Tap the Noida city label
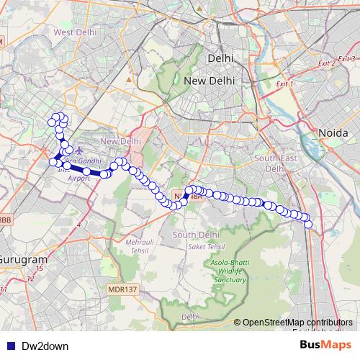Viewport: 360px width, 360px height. [333, 133]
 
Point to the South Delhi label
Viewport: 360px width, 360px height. [195, 235]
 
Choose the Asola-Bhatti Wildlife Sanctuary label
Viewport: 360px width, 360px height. [228, 271]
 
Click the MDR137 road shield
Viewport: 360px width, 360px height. [121, 289]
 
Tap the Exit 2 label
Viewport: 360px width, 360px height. [327, 64]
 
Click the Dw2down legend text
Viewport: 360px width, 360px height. [45, 346]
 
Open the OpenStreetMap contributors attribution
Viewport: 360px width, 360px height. [297, 323]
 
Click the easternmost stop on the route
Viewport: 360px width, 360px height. [309, 224]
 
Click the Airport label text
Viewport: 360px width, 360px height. [79, 177]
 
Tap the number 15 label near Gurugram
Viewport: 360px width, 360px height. [38, 268]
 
